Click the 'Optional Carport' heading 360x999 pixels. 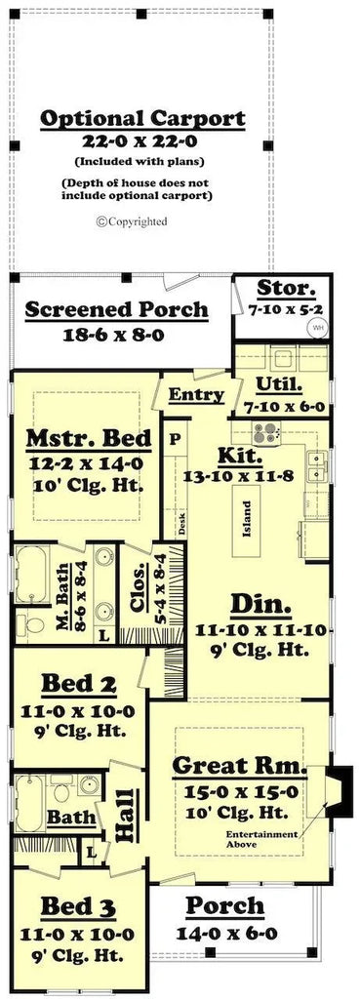[142, 119]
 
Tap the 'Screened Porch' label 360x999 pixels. [116, 310]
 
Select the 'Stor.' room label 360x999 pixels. [286, 289]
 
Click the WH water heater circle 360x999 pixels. [317, 328]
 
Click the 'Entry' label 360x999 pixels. [197, 395]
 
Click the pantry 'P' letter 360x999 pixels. [176, 438]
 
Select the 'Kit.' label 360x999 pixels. [240, 456]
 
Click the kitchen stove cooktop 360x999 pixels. [265, 432]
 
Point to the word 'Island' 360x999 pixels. [247, 512]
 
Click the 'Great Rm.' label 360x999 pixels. [239, 766]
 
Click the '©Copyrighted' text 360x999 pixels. [132, 221]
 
